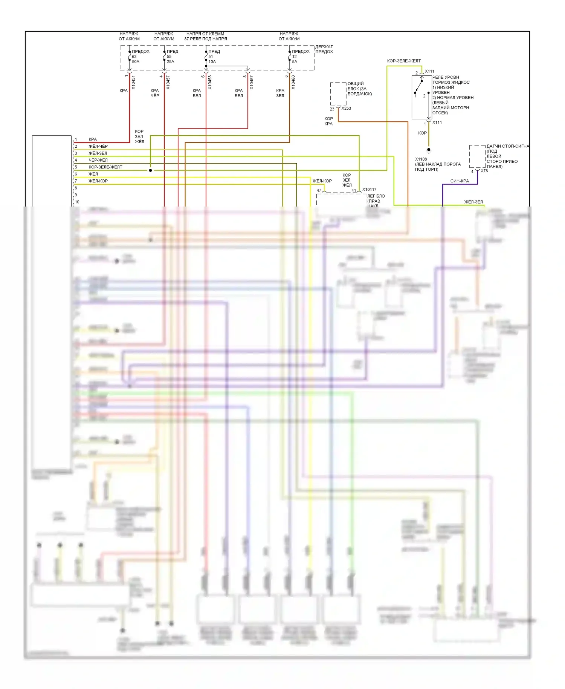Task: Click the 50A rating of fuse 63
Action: (x=136, y=62)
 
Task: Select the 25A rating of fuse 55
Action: (x=170, y=62)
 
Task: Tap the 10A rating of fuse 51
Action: (x=212, y=62)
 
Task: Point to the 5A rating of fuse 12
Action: (x=295, y=62)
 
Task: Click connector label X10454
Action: (x=133, y=83)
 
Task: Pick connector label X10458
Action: (x=210, y=83)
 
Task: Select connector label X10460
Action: (x=293, y=83)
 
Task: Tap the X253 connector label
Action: (x=346, y=109)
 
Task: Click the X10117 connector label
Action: (x=369, y=190)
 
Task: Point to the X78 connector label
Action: (x=484, y=171)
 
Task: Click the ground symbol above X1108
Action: (x=429, y=150)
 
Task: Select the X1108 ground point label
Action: (x=421, y=159)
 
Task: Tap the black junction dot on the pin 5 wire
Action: (x=150, y=170)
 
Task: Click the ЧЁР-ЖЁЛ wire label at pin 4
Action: (x=98, y=160)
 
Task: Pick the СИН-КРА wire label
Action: (x=460, y=181)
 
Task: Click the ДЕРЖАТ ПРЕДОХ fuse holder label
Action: (x=324, y=49)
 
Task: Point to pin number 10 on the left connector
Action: (x=77, y=202)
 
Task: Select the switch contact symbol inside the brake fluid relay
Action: (x=419, y=87)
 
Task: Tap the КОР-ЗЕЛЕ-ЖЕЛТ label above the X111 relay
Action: (x=404, y=61)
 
